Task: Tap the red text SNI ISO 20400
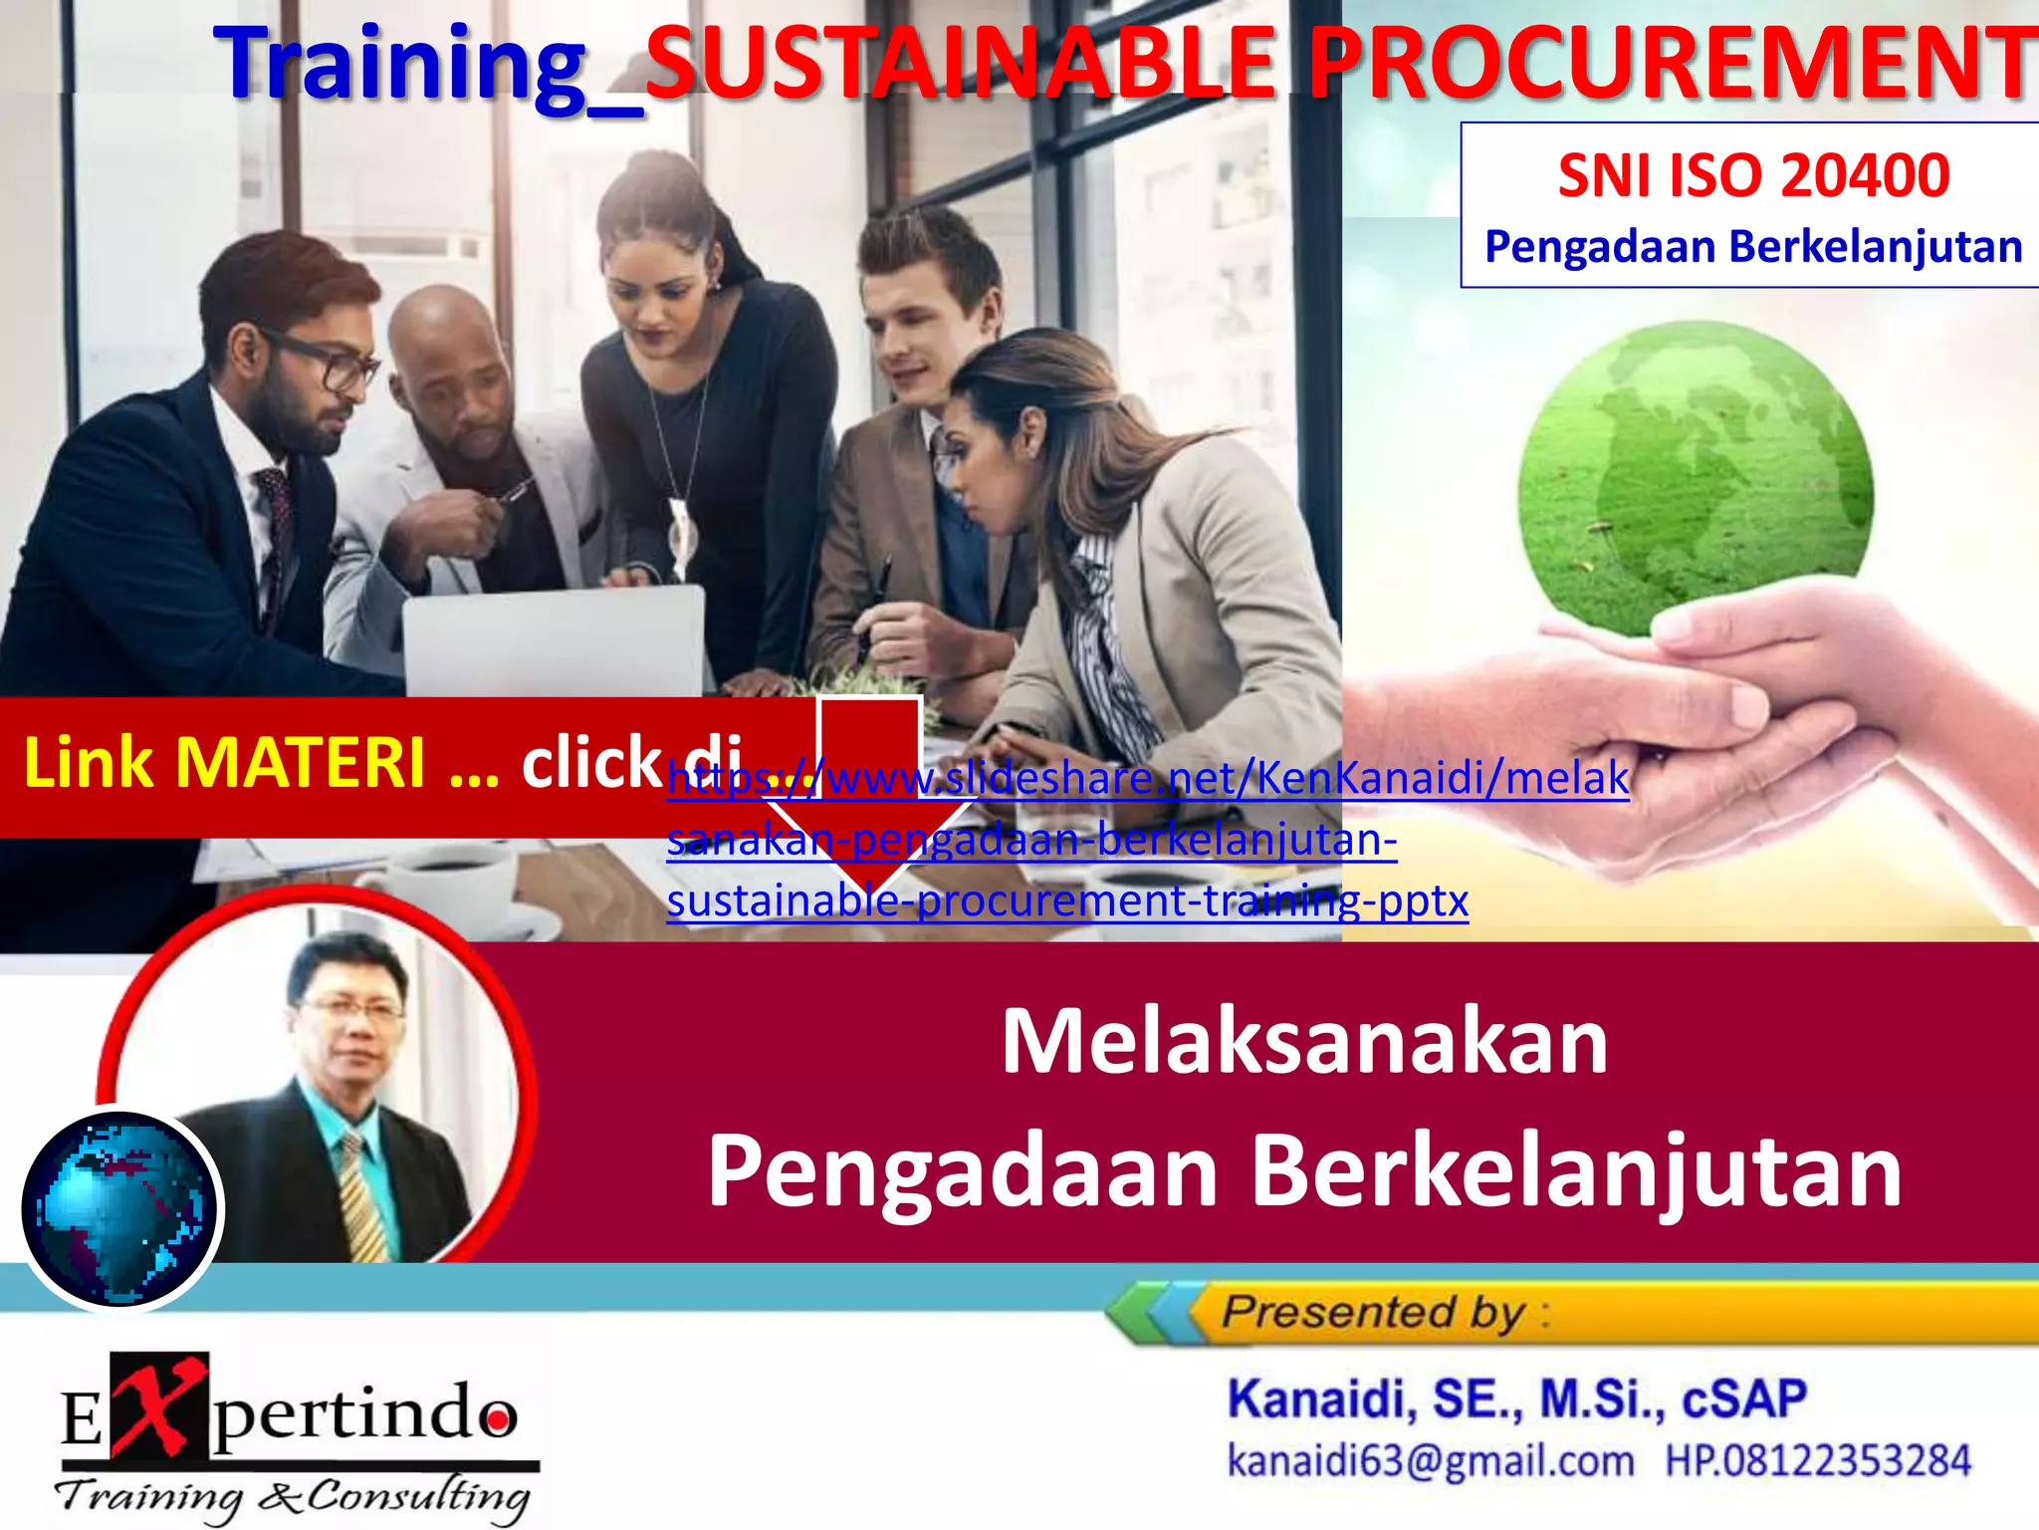click(1753, 175)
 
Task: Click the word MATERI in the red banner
click(300, 763)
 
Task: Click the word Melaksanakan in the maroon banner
click(1304, 1041)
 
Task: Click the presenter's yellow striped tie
click(362, 1195)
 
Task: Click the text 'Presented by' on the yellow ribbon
click(1374, 1312)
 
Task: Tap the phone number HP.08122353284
click(1818, 1461)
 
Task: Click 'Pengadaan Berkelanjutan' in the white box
click(1753, 247)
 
